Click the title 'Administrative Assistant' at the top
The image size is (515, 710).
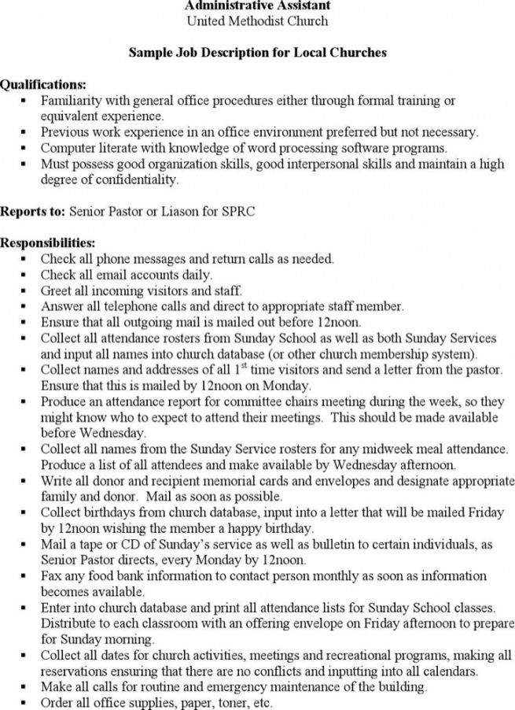[257, 5]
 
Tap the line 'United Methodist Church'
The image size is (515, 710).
[257, 20]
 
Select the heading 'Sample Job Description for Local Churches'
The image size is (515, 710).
[257, 54]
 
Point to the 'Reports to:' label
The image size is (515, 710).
[33, 212]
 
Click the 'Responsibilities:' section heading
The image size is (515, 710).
[48, 242]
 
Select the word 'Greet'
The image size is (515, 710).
[57, 290]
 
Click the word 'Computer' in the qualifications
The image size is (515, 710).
[67, 148]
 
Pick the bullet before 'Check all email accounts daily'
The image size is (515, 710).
[25, 275]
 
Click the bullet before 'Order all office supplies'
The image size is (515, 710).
[25, 703]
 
